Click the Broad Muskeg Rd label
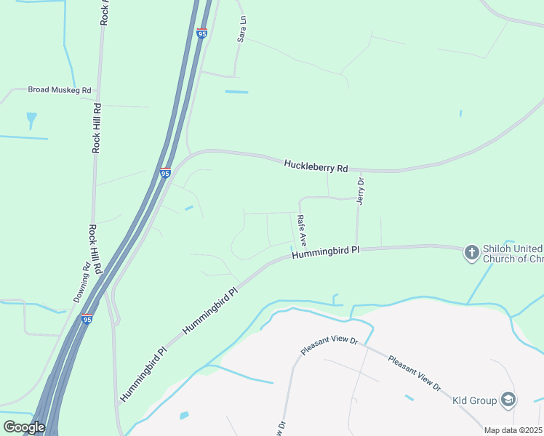pyautogui.click(x=60, y=90)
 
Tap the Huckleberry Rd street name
pyautogui.click(x=316, y=166)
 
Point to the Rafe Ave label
pyautogui.click(x=302, y=229)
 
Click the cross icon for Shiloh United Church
pyautogui.click(x=472, y=252)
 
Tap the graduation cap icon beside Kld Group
pyautogui.click(x=508, y=400)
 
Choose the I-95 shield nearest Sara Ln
pyautogui.click(x=202, y=33)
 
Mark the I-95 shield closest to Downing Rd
pyautogui.click(x=87, y=319)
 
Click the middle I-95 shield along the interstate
pyautogui.click(x=165, y=173)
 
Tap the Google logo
pyautogui.click(x=24, y=427)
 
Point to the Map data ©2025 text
pyautogui.click(x=513, y=430)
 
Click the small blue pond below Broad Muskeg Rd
pyautogui.click(x=31, y=118)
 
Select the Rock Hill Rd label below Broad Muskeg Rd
pyautogui.click(x=96, y=127)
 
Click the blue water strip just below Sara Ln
pyautogui.click(x=236, y=92)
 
